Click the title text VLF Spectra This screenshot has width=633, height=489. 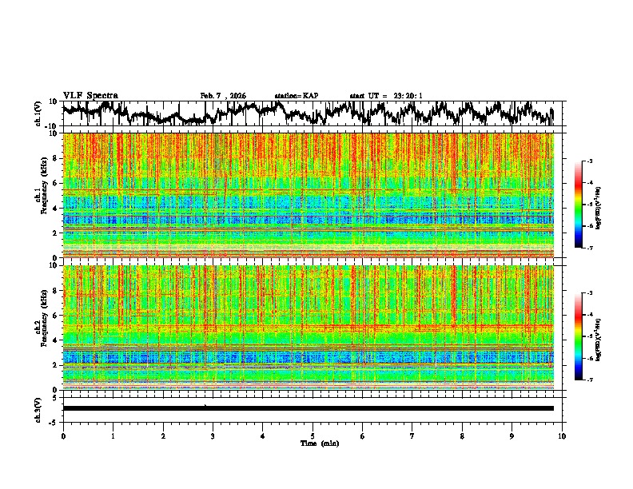tap(90, 95)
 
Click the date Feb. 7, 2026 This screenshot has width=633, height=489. tap(223, 96)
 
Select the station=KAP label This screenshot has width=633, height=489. tap(297, 96)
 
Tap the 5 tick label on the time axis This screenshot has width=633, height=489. tap(313, 435)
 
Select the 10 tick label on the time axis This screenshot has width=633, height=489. tap(563, 435)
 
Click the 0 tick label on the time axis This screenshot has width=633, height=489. tap(63, 435)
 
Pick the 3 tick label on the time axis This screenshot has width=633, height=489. tap(213, 435)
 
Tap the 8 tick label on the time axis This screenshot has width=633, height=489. tap(462, 435)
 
